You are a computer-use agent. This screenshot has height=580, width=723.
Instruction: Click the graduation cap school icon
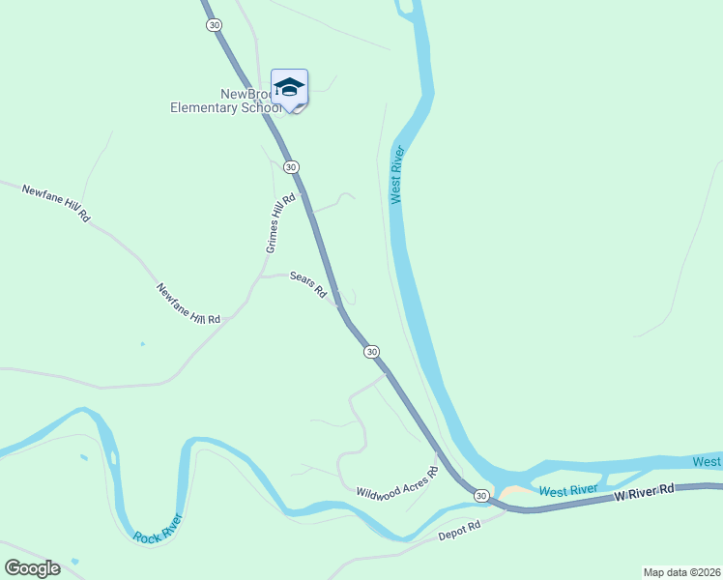tap(289, 88)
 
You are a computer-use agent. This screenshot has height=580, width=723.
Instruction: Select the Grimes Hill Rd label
tap(278, 222)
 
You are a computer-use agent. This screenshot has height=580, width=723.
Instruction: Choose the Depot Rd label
tap(459, 530)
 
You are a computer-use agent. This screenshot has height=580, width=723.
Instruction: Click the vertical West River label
tap(395, 175)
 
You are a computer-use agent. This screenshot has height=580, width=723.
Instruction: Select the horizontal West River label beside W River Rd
tap(568, 490)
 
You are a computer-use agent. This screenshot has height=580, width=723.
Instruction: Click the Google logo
tap(32, 568)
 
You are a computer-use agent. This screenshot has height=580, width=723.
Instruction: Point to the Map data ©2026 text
tap(681, 571)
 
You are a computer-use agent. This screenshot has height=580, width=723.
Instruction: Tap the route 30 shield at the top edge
tap(214, 24)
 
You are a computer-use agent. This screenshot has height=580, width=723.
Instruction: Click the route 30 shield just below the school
tap(291, 166)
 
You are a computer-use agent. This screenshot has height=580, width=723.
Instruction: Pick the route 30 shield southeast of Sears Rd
tap(372, 352)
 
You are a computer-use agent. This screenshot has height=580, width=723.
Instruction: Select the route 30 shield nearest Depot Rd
tap(481, 495)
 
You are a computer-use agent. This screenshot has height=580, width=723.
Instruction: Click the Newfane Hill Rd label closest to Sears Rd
tap(188, 304)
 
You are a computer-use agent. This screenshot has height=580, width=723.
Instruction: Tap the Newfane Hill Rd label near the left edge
tap(55, 204)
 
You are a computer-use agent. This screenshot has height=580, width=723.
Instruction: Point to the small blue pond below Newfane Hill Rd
tap(142, 344)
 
